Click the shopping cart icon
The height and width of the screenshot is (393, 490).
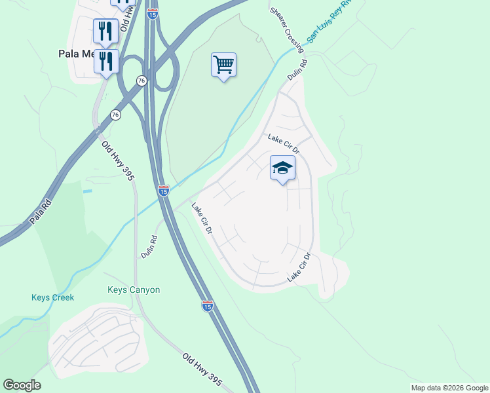click(223, 65)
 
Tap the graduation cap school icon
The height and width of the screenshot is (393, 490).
click(282, 168)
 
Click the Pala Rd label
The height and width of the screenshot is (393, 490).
click(41, 214)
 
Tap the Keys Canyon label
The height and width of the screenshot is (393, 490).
click(134, 290)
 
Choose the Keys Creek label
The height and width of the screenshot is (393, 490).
click(52, 297)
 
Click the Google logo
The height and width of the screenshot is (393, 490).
click(22, 385)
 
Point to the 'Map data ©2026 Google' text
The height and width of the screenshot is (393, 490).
click(449, 388)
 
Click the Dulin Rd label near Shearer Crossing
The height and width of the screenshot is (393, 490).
click(297, 71)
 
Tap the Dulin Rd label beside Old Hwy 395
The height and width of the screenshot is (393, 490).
click(149, 246)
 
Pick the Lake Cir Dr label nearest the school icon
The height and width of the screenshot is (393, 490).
click(283, 143)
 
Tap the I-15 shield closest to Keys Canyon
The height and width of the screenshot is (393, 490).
click(207, 306)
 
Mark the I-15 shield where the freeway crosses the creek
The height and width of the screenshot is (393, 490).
click(164, 190)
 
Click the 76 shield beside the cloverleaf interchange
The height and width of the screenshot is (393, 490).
click(141, 80)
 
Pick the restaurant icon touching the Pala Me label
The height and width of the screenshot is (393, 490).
click(105, 62)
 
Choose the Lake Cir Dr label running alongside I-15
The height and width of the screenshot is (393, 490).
click(202, 219)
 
